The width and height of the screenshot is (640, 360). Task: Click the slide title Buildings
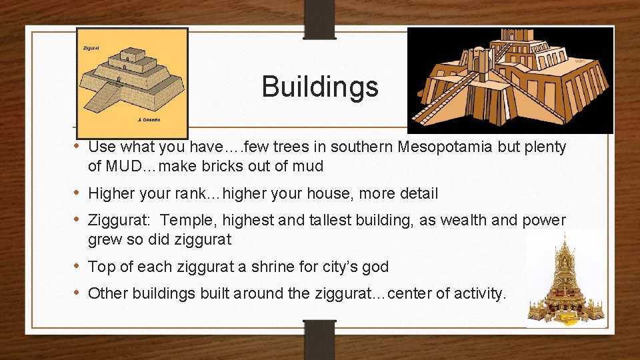[x=319, y=86]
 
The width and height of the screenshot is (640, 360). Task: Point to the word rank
[x=203, y=194]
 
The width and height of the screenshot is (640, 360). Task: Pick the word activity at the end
[x=477, y=293]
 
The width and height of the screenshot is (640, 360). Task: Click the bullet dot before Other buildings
[x=77, y=292]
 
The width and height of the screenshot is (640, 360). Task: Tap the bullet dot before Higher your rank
[x=77, y=193]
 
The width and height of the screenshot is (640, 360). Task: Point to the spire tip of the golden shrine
[x=565, y=235]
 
